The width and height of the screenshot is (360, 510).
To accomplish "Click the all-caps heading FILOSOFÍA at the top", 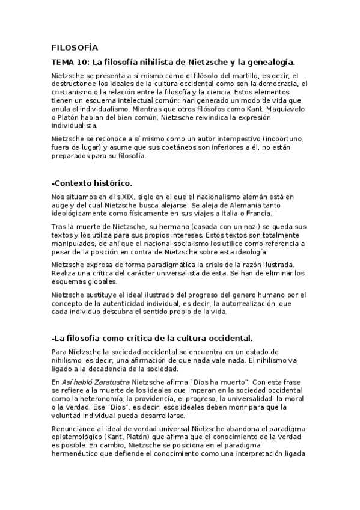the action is [75, 47].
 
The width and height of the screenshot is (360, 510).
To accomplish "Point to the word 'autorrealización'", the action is [247, 303].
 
